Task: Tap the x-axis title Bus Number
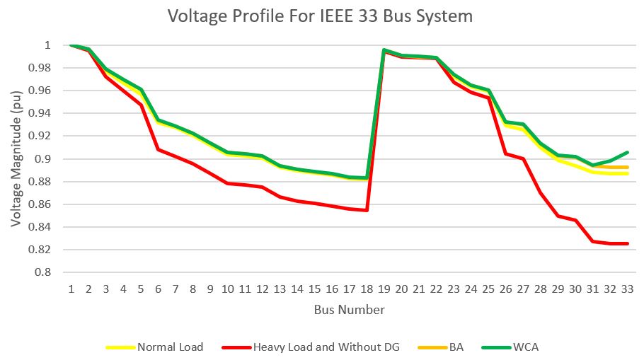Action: pos(350,310)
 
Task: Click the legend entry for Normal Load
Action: pos(170,347)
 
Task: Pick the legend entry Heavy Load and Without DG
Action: pos(326,347)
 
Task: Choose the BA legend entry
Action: pos(456,347)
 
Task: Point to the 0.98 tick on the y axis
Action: pos(40,68)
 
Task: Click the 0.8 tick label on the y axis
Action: pos(44,272)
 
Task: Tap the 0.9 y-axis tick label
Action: pos(44,159)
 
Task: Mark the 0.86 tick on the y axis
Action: pos(40,204)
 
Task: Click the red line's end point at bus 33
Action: pos(627,244)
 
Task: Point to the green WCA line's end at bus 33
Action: pos(627,152)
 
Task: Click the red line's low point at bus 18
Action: pos(367,210)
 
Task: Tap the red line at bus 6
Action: pos(158,149)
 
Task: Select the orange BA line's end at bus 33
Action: pos(627,168)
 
